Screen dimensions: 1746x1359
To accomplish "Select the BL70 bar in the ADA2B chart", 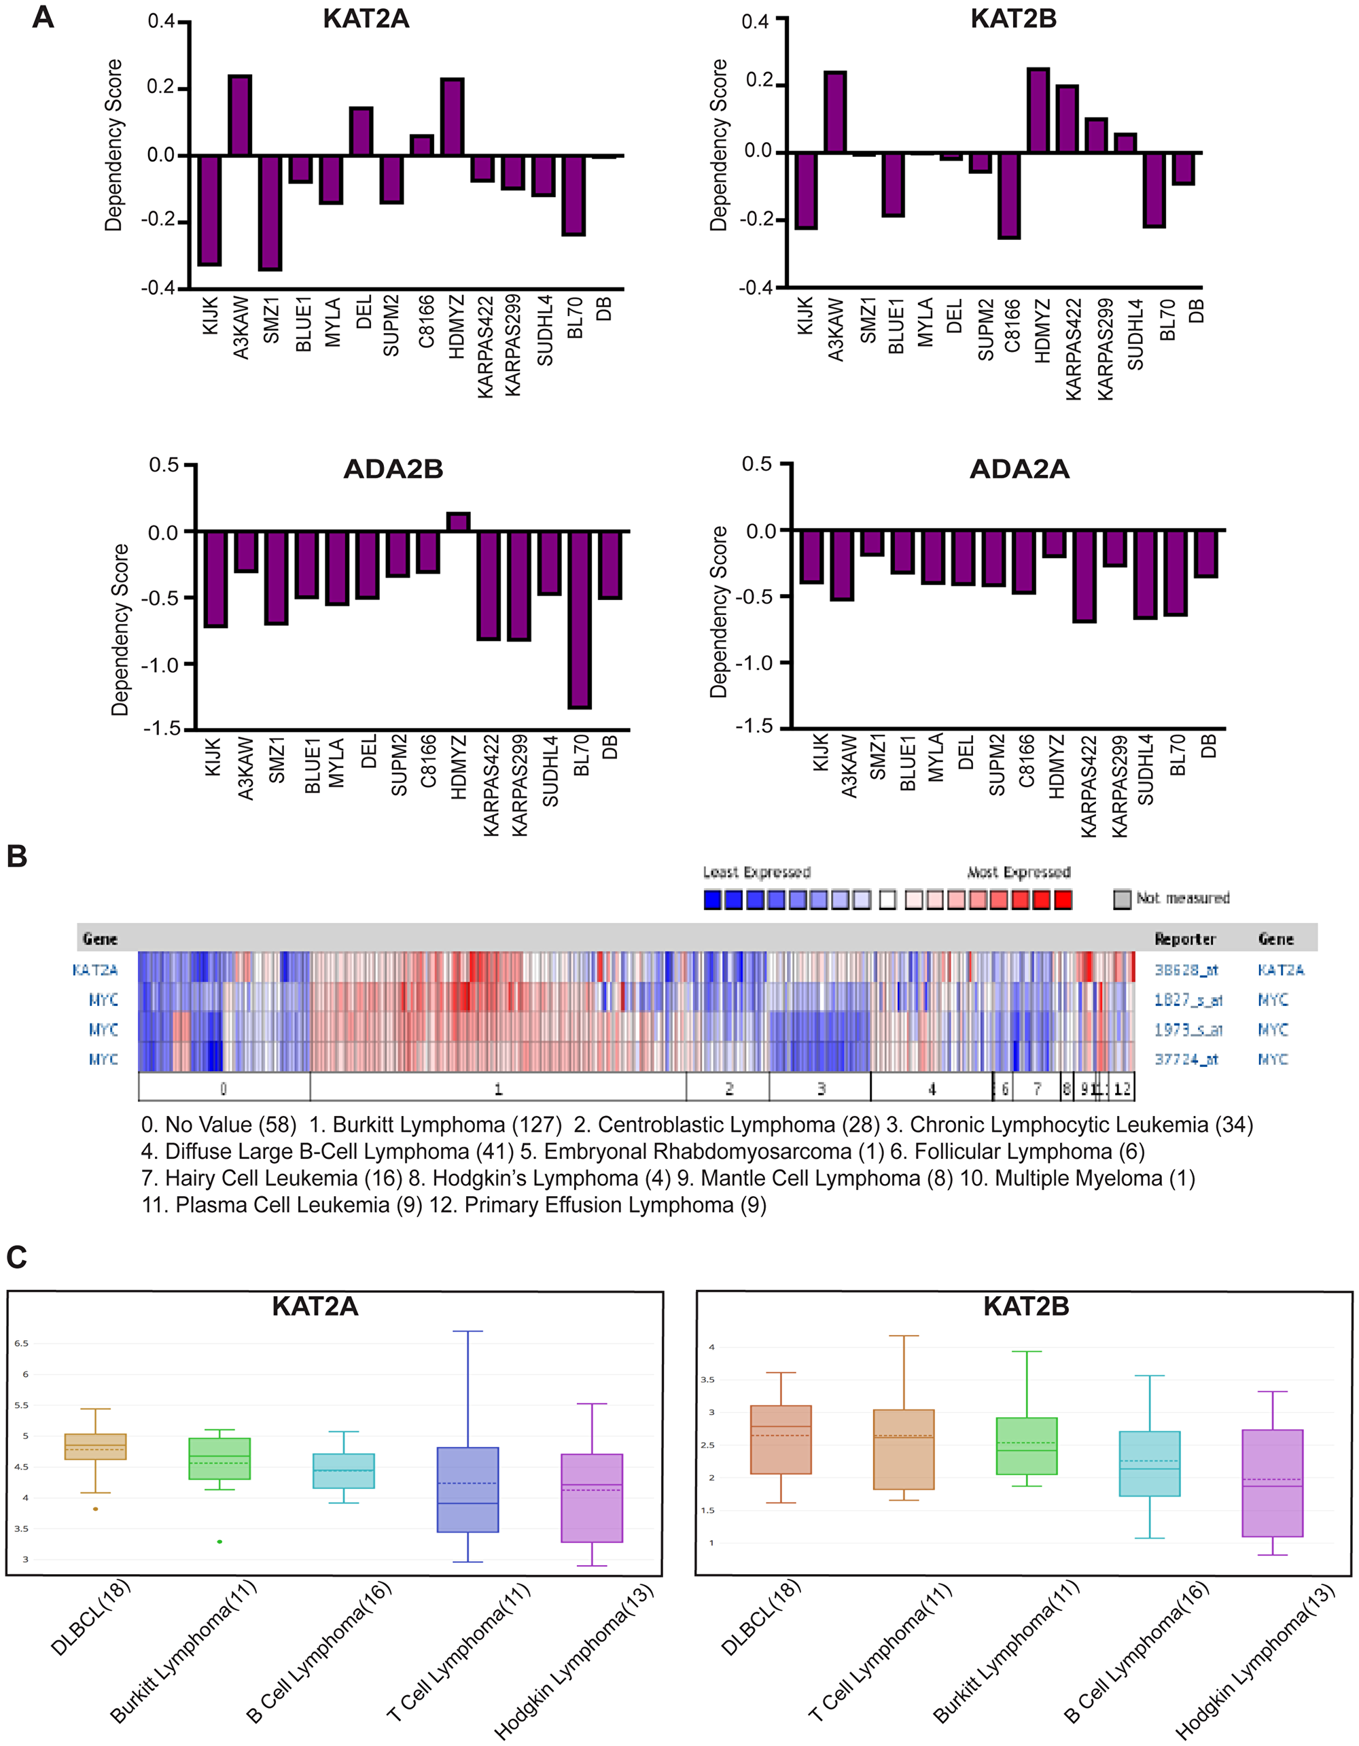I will point(580,620).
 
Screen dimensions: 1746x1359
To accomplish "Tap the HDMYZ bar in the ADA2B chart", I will point(458,522).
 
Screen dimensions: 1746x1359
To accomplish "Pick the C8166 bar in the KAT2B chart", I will point(1009,195).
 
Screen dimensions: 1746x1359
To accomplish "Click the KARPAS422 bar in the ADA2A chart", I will point(1084,576).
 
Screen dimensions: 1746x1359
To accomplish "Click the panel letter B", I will point(17,856).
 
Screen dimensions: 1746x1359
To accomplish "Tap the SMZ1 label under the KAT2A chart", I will point(272,321).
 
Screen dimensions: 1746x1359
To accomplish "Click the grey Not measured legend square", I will point(1123,899).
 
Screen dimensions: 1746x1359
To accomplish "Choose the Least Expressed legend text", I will point(756,872).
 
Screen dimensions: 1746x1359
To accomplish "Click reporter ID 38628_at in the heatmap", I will point(1186,970).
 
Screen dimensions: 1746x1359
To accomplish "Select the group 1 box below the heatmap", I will point(497,1088).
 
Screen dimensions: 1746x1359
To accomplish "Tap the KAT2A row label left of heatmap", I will point(94,970).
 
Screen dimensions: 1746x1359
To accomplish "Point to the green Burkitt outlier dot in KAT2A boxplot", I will point(220,1541).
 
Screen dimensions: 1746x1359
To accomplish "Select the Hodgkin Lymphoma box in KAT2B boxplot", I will point(1272,1483).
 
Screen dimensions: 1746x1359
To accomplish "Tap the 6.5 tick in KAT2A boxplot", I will point(21,1343).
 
